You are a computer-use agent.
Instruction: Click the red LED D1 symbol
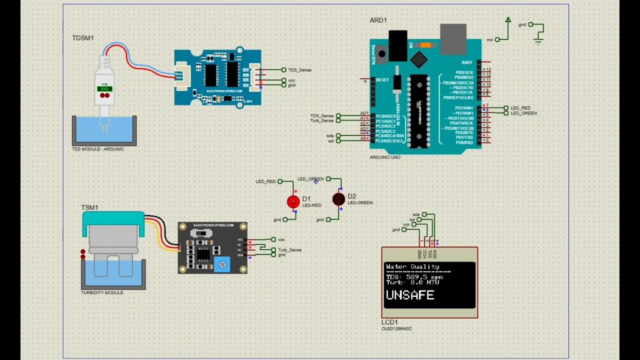293,201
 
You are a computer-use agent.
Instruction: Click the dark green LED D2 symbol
338,199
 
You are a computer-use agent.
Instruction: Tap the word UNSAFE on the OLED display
409,295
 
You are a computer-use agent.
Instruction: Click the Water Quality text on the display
412,266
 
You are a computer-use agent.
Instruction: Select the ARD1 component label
378,20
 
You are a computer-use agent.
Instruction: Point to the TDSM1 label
83,38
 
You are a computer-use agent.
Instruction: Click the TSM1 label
89,207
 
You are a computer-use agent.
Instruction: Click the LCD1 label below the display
389,322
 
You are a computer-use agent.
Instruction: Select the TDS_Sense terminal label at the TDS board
299,70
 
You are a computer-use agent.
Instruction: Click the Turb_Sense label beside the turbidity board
289,249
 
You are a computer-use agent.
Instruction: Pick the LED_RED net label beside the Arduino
520,108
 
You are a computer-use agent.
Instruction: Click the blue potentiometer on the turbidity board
222,263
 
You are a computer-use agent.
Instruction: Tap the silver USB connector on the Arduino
453,38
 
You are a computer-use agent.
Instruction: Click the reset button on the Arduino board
382,53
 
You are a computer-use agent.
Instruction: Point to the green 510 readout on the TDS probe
104,88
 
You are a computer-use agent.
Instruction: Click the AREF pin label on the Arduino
467,62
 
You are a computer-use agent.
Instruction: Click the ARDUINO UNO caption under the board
384,157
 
